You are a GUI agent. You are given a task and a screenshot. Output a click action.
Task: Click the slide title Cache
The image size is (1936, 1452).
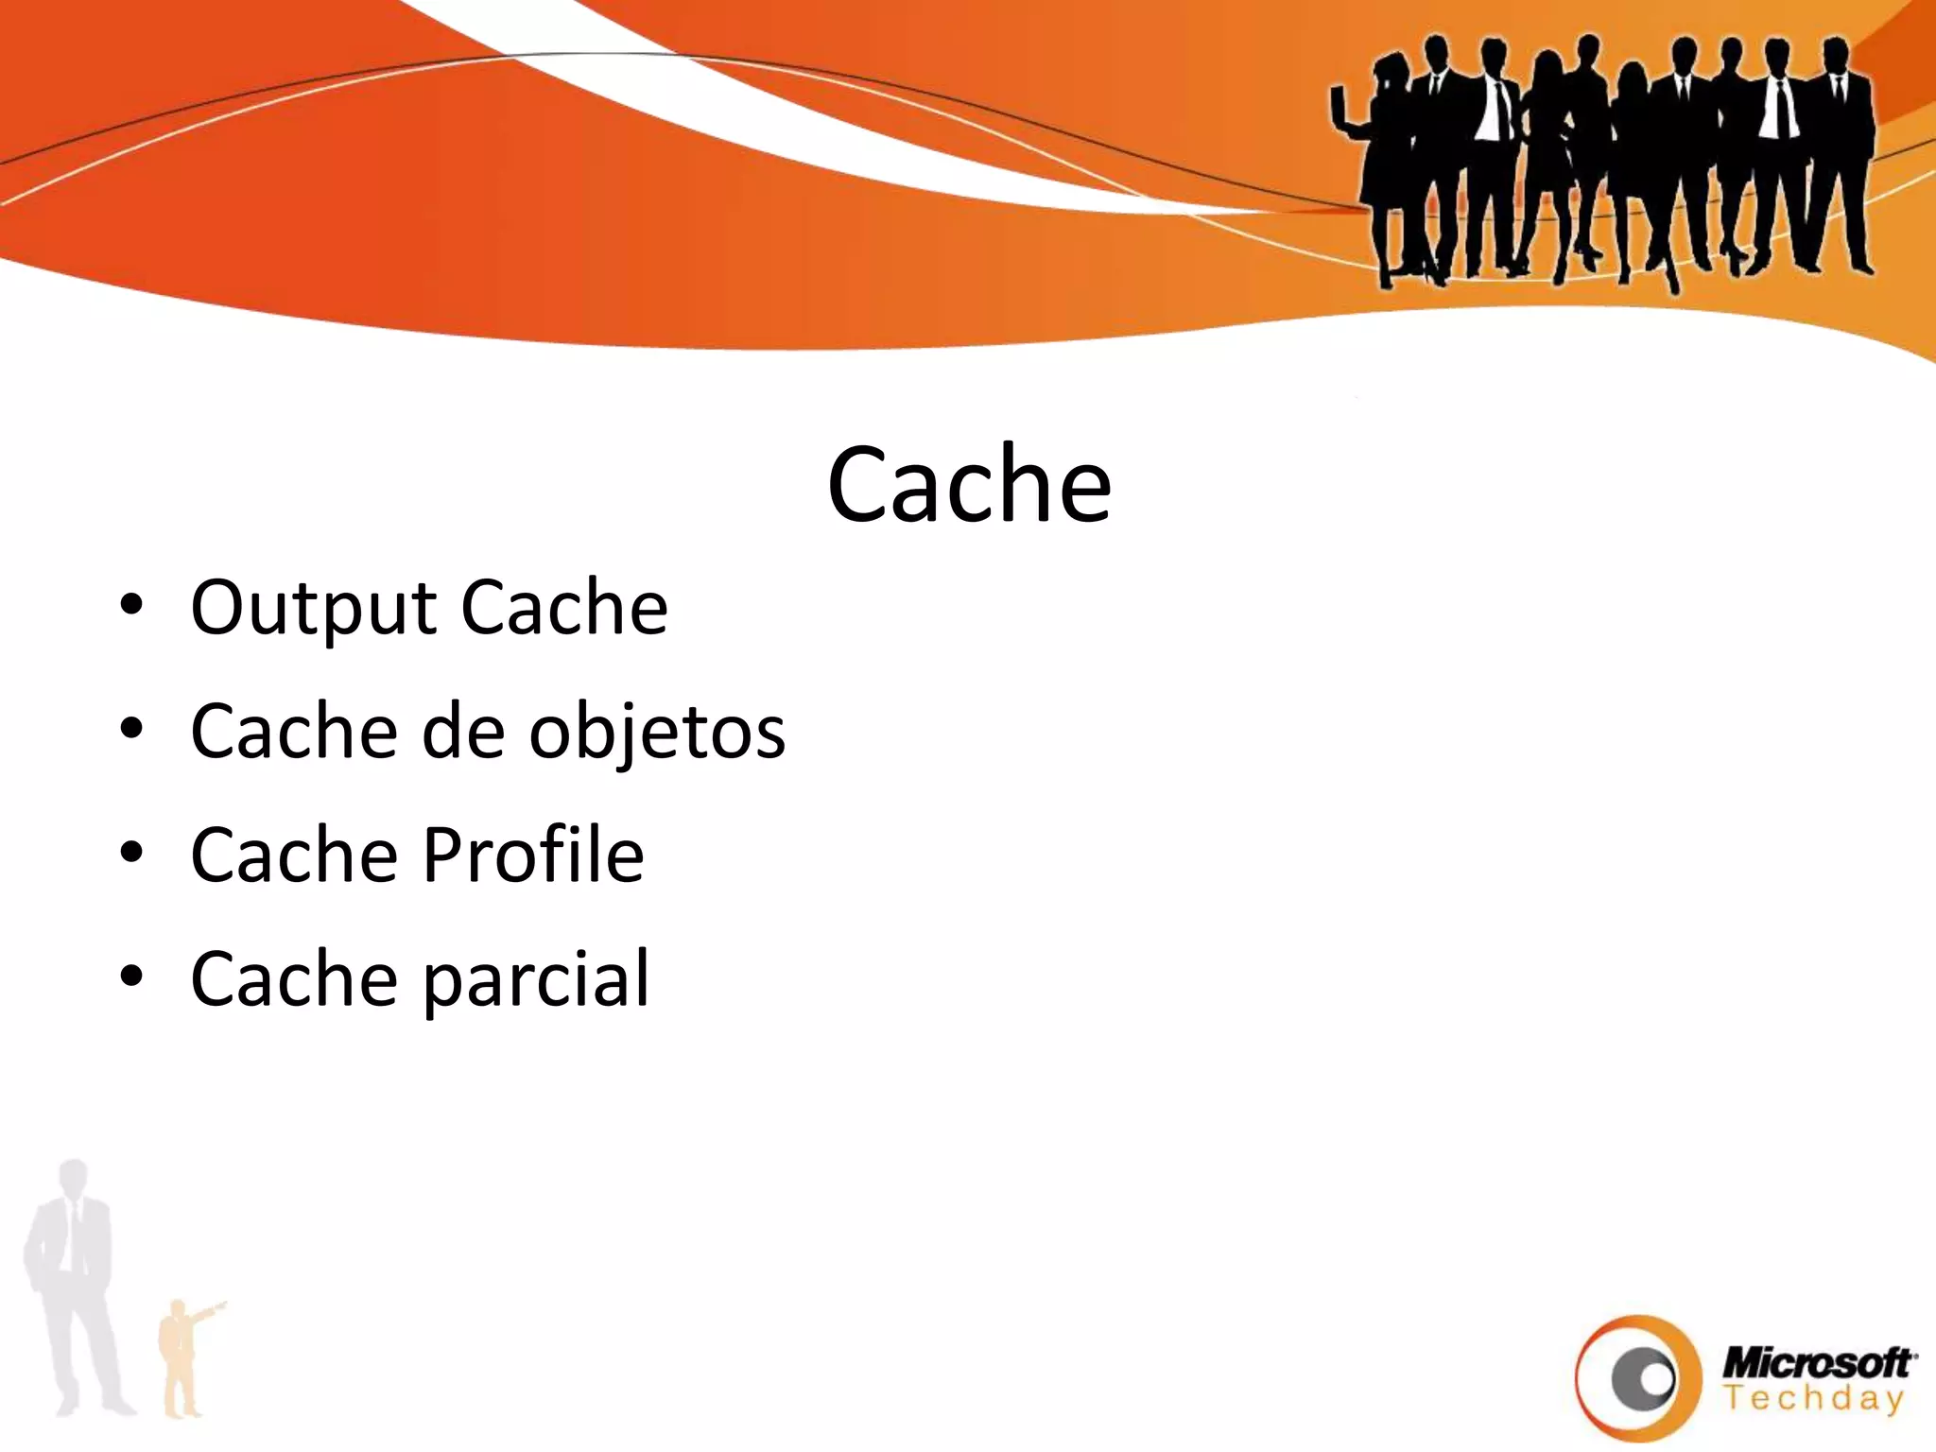coord(969,484)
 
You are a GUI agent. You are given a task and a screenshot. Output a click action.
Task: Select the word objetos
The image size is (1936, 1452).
coord(656,732)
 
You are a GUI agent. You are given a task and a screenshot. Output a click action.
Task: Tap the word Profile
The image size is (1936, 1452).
coord(533,855)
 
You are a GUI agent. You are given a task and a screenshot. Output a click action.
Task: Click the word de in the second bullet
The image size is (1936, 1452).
coord(462,732)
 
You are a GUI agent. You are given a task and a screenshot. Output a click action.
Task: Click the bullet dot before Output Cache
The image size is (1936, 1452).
coord(131,606)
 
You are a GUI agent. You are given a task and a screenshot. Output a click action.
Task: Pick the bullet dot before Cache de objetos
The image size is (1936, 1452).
coord(131,729)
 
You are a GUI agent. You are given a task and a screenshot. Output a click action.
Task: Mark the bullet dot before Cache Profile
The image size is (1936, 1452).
coord(131,852)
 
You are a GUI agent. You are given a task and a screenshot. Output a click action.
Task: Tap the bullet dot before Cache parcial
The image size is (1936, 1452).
coord(131,975)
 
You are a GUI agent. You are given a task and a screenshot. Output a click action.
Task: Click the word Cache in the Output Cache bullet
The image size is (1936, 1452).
coord(564,608)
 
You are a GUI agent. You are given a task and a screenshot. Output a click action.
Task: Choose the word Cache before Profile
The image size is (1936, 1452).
coord(294,855)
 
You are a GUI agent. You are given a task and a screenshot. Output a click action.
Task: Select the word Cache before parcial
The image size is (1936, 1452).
coord(294,979)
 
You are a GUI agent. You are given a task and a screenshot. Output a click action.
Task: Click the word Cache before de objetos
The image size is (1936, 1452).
coord(294,732)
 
